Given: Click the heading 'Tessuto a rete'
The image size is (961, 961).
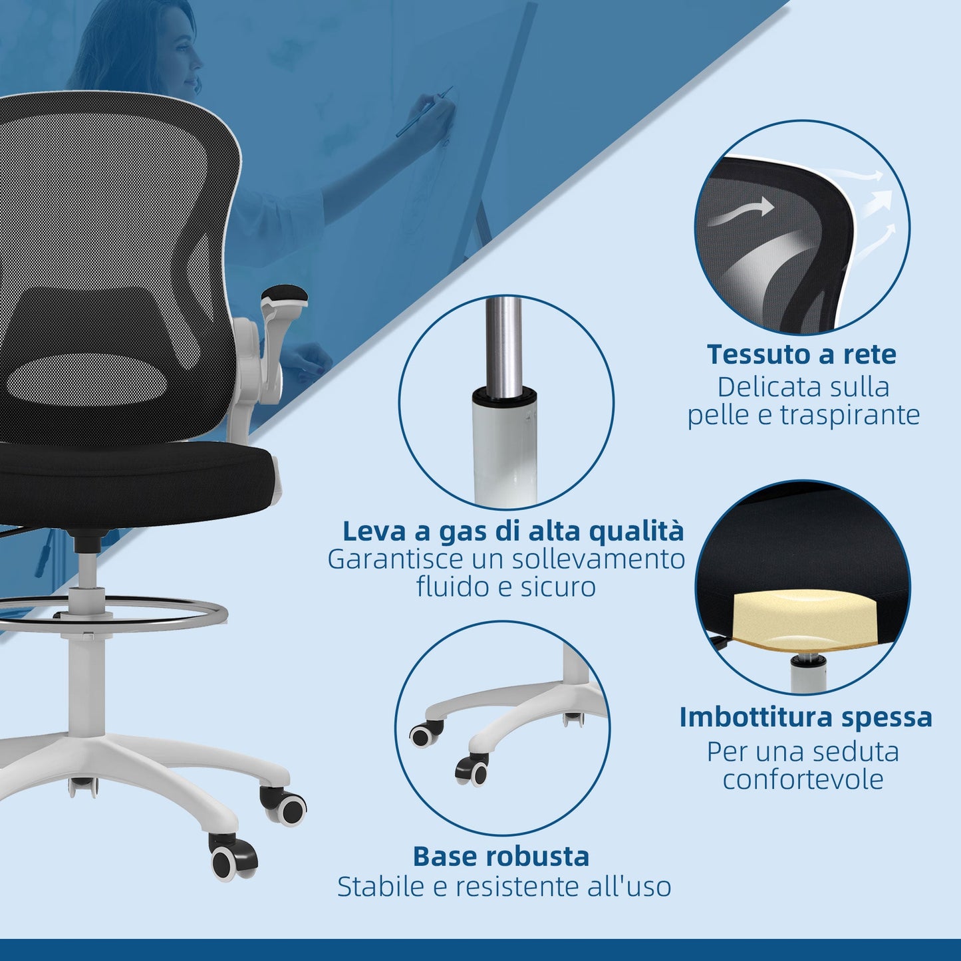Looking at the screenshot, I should tap(801, 354).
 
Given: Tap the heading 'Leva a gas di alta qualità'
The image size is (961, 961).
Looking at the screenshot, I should tap(513, 531).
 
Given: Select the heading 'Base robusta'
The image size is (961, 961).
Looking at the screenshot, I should tap(501, 856).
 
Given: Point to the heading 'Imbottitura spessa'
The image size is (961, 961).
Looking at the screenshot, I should tap(805, 718).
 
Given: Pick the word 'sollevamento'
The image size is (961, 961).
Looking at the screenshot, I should tap(598, 559).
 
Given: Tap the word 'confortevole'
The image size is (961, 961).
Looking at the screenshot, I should tap(803, 779).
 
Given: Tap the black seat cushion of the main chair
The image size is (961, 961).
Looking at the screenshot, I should tap(133, 472).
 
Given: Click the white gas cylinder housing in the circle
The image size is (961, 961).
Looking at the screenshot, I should tap(504, 446).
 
